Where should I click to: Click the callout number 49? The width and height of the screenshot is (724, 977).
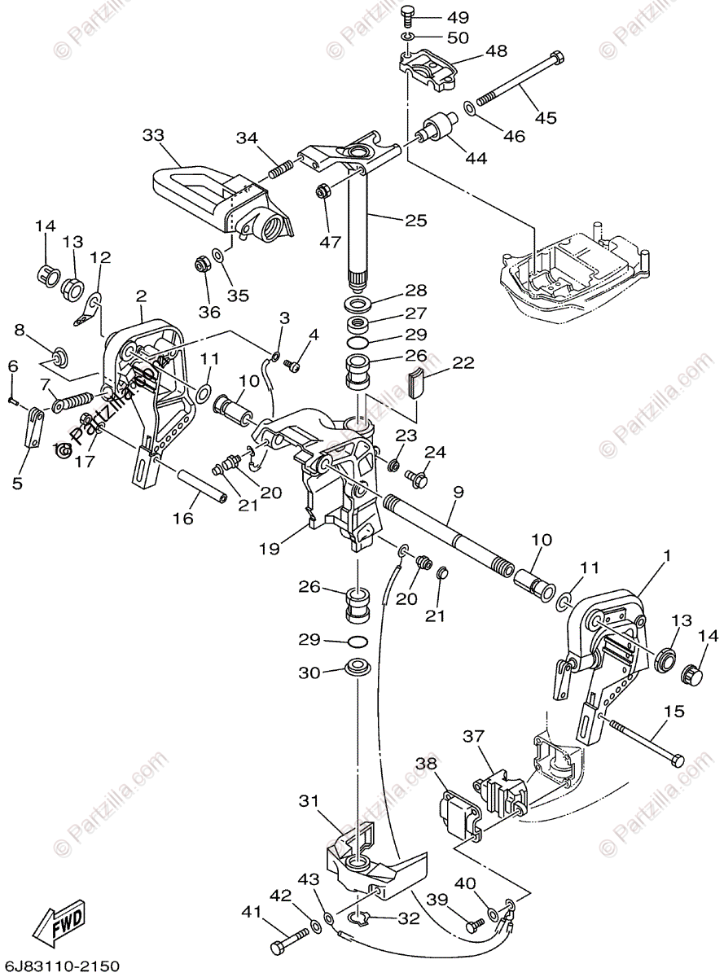click(x=457, y=17)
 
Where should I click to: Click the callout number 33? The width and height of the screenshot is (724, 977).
click(x=153, y=134)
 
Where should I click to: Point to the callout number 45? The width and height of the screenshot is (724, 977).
click(x=546, y=117)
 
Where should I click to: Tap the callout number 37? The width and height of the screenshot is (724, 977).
click(x=474, y=737)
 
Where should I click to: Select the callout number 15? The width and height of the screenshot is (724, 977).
click(x=674, y=712)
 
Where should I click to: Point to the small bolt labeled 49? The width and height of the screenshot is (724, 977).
click(x=410, y=16)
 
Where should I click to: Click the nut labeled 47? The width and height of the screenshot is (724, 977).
click(x=323, y=192)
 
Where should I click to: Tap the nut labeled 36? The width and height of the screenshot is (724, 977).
click(x=201, y=264)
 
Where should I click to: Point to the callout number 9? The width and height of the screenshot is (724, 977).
click(x=458, y=493)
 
